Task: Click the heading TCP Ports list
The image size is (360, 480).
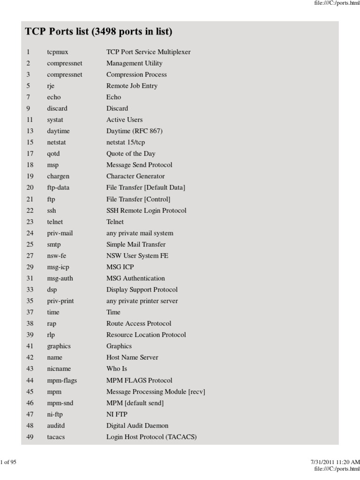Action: pyautogui.click(x=98, y=32)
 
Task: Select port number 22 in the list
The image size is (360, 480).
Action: pyautogui.click(x=30, y=210)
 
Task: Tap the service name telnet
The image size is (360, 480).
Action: pyautogui.click(x=55, y=222)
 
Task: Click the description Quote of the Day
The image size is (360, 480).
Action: pyautogui.click(x=131, y=154)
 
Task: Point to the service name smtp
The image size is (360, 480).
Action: pyautogui.click(x=54, y=244)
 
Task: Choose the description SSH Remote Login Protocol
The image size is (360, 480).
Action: pyautogui.click(x=146, y=210)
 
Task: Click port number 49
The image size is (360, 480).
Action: pyautogui.click(x=30, y=437)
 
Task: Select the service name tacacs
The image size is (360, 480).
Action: pyautogui.click(x=56, y=437)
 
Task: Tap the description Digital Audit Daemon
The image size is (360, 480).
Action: pyautogui.click(x=137, y=426)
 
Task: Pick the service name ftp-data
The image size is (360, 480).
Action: pyautogui.click(x=58, y=187)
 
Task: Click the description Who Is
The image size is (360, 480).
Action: pyautogui.click(x=117, y=369)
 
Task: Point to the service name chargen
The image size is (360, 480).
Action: pyautogui.click(x=58, y=176)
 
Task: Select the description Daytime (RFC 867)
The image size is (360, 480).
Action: pyautogui.click(x=135, y=131)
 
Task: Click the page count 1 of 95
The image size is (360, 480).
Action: pyautogui.click(x=8, y=462)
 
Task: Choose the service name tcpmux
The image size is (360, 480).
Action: pyautogui.click(x=58, y=52)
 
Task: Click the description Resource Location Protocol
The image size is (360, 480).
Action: pyautogui.click(x=146, y=335)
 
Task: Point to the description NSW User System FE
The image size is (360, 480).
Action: pyautogui.click(x=137, y=255)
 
